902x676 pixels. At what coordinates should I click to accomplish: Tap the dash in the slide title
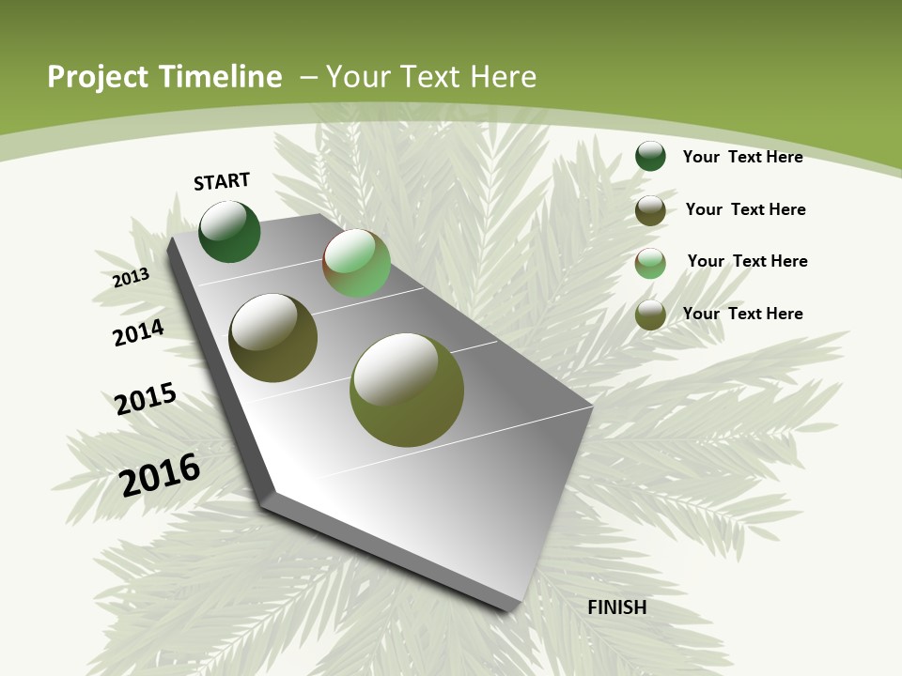click(308, 77)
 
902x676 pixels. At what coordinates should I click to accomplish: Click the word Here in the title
click(505, 77)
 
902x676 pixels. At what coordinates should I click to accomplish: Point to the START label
click(222, 181)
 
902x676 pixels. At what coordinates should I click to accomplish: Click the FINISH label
click(616, 607)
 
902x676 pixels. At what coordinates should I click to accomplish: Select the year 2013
click(131, 278)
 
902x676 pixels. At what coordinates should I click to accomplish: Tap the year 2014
click(138, 332)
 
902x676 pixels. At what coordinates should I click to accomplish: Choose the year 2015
click(146, 398)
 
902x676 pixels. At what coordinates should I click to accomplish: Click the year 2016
click(160, 474)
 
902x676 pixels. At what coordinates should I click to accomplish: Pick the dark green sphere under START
click(229, 232)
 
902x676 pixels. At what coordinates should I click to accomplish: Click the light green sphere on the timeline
click(356, 263)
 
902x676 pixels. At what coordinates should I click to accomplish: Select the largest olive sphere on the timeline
click(406, 390)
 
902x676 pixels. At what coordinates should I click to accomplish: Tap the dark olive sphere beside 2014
click(272, 338)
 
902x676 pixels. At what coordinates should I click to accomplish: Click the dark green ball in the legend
click(650, 156)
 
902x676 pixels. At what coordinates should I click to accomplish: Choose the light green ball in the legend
click(650, 263)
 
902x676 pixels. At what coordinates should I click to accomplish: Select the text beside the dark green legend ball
click(742, 157)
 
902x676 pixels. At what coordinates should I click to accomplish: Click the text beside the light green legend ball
click(747, 261)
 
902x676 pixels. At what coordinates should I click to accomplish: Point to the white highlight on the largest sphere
click(395, 368)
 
